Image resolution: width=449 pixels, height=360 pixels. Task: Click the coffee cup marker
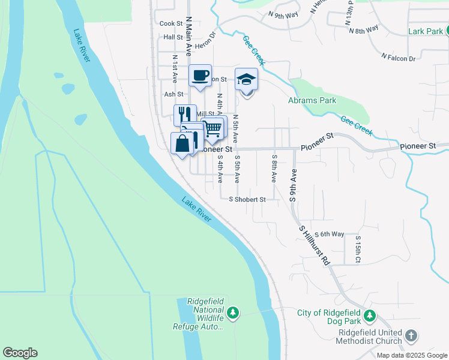click(x=200, y=76)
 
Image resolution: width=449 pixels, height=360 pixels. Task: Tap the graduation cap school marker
click(x=246, y=80)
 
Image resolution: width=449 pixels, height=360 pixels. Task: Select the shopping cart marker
click(x=212, y=127)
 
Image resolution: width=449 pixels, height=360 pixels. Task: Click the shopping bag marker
click(x=183, y=143)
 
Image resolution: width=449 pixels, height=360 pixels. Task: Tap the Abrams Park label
click(x=312, y=100)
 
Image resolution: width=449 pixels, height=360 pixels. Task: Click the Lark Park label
click(x=424, y=31)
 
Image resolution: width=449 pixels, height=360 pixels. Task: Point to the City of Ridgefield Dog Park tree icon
click(x=371, y=314)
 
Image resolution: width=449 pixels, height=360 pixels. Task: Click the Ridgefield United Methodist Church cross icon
click(x=411, y=335)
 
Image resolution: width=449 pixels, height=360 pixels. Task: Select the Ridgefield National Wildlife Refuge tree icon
click(x=233, y=313)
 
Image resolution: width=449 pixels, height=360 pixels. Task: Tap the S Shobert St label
click(x=248, y=199)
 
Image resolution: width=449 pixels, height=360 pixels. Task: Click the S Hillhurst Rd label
click(x=315, y=245)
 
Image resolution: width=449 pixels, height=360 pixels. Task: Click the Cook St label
click(x=171, y=23)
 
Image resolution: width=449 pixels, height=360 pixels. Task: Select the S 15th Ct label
click(x=357, y=250)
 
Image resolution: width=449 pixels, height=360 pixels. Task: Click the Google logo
click(x=20, y=353)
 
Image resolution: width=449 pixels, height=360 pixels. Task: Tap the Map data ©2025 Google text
click(x=412, y=355)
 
